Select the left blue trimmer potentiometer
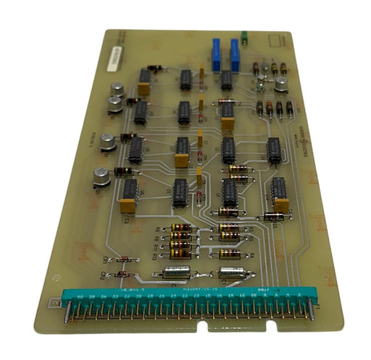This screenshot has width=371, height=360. tap(216, 54)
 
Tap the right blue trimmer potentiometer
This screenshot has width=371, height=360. tap(235, 53)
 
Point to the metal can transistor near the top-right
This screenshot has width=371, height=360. tap(280, 85)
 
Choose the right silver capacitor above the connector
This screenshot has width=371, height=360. tap(230, 272)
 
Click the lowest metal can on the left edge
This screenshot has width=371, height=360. tap(102, 176)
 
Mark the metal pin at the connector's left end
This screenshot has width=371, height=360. tap(68, 313)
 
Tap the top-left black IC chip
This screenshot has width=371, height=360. tap(145, 77)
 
